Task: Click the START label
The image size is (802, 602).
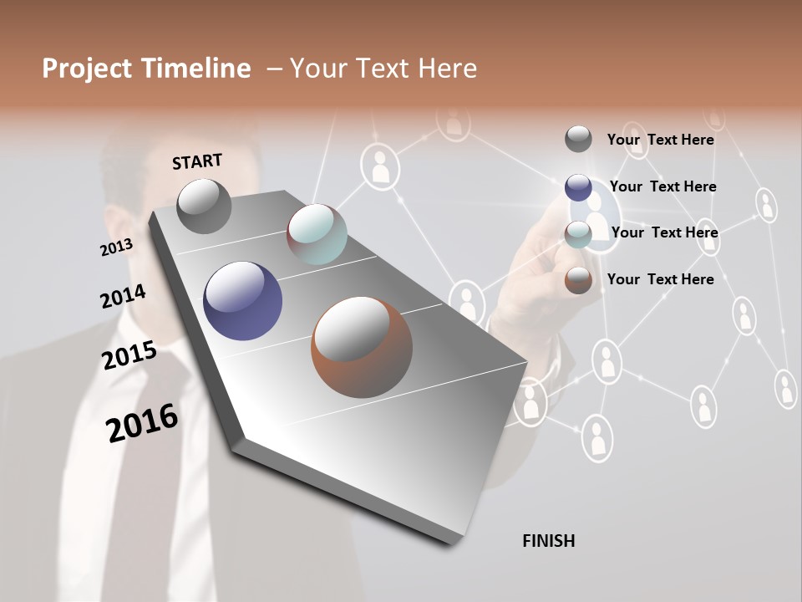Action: click(197, 161)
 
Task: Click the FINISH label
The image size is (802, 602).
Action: click(548, 541)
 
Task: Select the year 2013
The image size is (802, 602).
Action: click(116, 247)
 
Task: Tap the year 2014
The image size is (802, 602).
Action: click(123, 297)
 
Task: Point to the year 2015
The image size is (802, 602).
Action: click(129, 355)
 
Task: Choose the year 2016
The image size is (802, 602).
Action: click(142, 423)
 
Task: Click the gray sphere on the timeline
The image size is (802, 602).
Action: click(204, 206)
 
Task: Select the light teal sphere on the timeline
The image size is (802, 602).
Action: click(317, 234)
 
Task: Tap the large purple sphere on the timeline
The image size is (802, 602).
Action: click(242, 301)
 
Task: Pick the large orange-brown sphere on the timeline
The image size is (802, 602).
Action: click(362, 348)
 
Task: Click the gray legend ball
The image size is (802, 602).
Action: click(578, 139)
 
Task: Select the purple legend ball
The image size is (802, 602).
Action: click(578, 187)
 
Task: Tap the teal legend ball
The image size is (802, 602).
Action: click(578, 235)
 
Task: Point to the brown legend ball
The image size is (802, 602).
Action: click(578, 280)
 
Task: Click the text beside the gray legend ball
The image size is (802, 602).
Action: click(660, 140)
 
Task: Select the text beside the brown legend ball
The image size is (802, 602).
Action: click(660, 279)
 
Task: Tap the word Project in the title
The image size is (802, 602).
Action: click(84, 69)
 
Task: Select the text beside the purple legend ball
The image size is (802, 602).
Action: click(662, 186)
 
